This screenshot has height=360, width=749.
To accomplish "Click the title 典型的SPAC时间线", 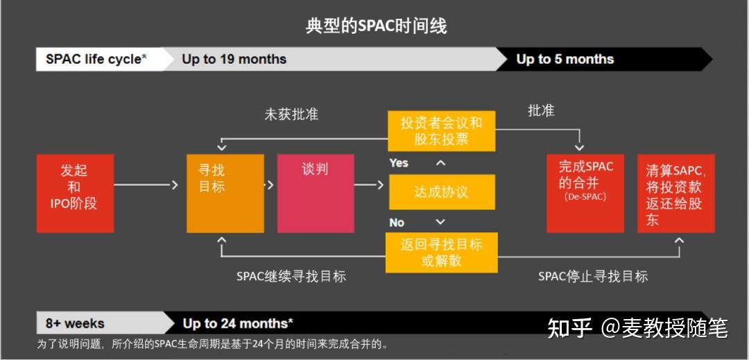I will coord(376,26).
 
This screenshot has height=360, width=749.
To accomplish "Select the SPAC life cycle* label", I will coord(96,59).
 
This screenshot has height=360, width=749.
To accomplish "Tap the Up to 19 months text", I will coord(234,59).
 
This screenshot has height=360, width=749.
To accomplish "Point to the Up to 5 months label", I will coord(565,59).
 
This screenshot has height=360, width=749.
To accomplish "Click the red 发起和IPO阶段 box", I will coord(74,193).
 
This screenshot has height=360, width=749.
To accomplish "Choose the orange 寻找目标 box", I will coord(225,193).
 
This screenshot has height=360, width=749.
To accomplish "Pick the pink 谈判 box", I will coord(315,193).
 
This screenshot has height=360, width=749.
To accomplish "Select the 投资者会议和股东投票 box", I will coord(441,130).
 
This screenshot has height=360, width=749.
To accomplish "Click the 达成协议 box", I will coord(441,192).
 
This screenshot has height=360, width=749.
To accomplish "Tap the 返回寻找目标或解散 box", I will coord(441,252).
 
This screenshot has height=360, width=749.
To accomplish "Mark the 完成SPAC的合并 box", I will coord(585,193).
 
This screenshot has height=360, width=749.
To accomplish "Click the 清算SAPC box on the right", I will coord(675,193).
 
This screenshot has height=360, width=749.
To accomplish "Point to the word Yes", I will coord(399,163).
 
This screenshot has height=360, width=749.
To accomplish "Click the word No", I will coord(397,223).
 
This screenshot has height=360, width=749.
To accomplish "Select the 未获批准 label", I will coord(291,114).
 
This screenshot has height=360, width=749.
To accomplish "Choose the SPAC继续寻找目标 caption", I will coord(291,276).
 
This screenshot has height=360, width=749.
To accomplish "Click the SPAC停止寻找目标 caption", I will coord(593,276).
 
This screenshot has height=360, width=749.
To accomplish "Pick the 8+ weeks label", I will coord(75,323).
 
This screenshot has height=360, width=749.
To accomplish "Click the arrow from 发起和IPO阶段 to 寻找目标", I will coord(143,185).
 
